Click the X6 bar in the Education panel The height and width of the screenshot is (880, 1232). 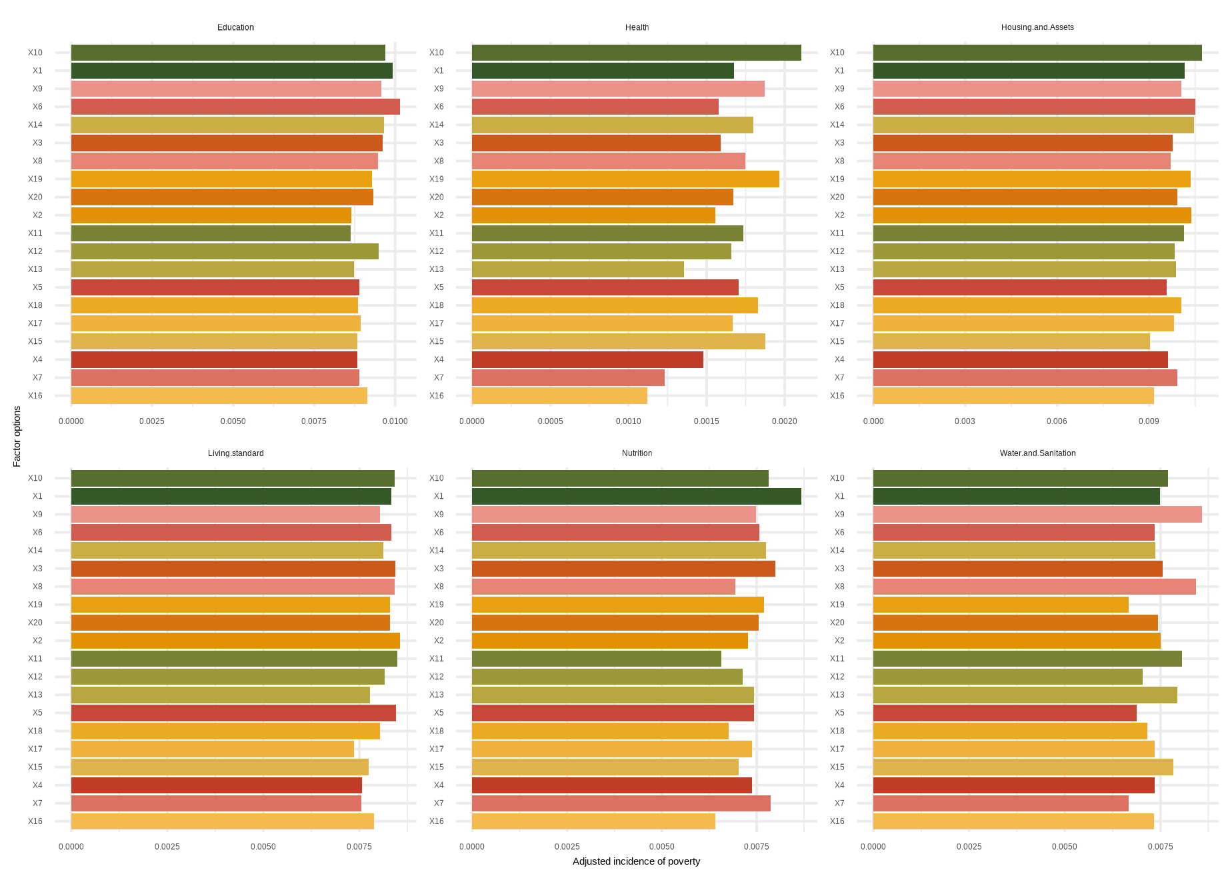coord(235,107)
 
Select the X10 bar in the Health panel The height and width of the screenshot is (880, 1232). coord(636,53)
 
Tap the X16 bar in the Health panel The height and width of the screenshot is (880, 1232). coord(559,395)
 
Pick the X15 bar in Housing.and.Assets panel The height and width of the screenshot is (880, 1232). coord(1011,341)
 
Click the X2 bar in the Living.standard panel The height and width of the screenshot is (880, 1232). coord(235,641)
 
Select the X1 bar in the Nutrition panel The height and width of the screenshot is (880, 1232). coord(636,496)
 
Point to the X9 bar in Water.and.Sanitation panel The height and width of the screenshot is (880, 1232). coord(1037,514)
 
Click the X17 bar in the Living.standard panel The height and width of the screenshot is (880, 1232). coord(212,749)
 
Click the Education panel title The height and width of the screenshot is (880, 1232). coord(235,27)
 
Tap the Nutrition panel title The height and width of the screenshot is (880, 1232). coord(637,453)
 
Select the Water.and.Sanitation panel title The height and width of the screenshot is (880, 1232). coord(1037,453)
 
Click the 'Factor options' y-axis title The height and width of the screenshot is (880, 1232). coord(17,436)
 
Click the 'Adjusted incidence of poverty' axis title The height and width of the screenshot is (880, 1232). coord(636,861)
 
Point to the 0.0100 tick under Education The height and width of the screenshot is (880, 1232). coord(395,421)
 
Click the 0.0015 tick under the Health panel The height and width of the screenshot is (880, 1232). coord(706,421)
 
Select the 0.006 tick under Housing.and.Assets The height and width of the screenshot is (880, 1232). coord(1057,421)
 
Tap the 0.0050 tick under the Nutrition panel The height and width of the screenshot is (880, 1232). coord(661,847)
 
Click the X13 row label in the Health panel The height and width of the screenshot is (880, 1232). coord(436,269)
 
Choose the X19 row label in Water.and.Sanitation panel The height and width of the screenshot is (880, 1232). coord(837,605)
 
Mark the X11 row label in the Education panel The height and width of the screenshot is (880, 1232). coord(35,233)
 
